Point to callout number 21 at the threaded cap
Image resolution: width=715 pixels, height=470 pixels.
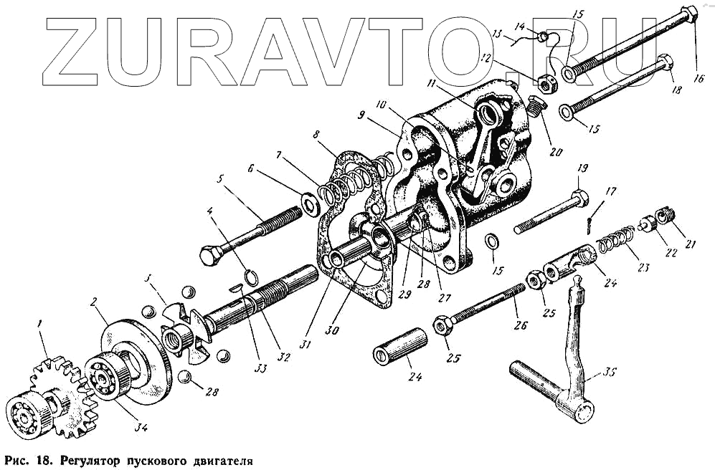pyautogui.click(x=690, y=243)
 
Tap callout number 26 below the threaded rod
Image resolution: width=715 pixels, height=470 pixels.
pyautogui.click(x=521, y=325)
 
